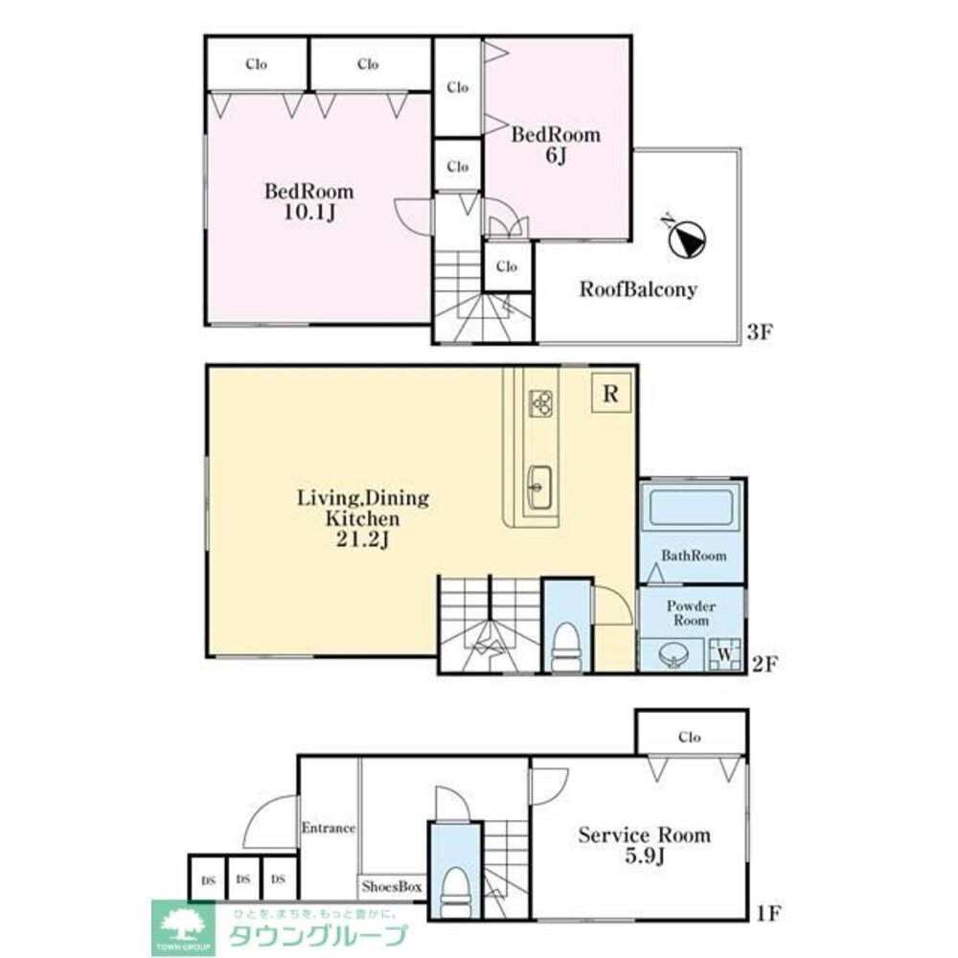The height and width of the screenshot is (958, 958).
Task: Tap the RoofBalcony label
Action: coord(638,289)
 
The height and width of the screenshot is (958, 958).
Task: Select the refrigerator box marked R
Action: coord(611,393)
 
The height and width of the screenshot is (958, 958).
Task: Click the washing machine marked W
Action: coord(724,654)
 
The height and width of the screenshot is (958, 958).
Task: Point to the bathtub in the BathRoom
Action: coord(691,507)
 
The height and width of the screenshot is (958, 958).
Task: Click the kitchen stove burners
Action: coord(540,402)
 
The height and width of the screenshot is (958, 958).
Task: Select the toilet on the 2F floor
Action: coord(567,647)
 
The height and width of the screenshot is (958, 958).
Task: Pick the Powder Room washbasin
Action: coord(673,656)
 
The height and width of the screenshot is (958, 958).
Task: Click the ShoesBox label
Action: coord(392,886)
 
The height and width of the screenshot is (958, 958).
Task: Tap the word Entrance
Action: coord(328,828)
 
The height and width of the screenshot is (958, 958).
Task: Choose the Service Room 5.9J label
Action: coord(645,845)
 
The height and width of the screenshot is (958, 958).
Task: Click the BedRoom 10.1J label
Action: coord(309,201)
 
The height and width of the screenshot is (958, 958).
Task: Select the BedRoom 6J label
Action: coord(556,145)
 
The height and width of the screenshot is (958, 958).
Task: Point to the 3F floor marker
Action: coord(760,331)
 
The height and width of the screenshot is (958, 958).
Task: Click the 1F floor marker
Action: coord(768,913)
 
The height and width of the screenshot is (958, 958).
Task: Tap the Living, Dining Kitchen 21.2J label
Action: coord(363,518)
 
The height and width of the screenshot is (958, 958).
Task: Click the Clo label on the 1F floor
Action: coord(689,738)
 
